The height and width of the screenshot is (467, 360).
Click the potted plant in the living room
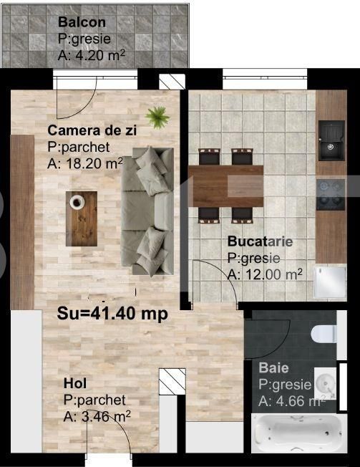156,114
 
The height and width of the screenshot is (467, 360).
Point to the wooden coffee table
82,216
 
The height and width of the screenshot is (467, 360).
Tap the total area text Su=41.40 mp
112,313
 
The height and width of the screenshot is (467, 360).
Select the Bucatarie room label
260,241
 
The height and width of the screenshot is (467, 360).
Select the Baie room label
274,368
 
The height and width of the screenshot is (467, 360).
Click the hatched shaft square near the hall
172,381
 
